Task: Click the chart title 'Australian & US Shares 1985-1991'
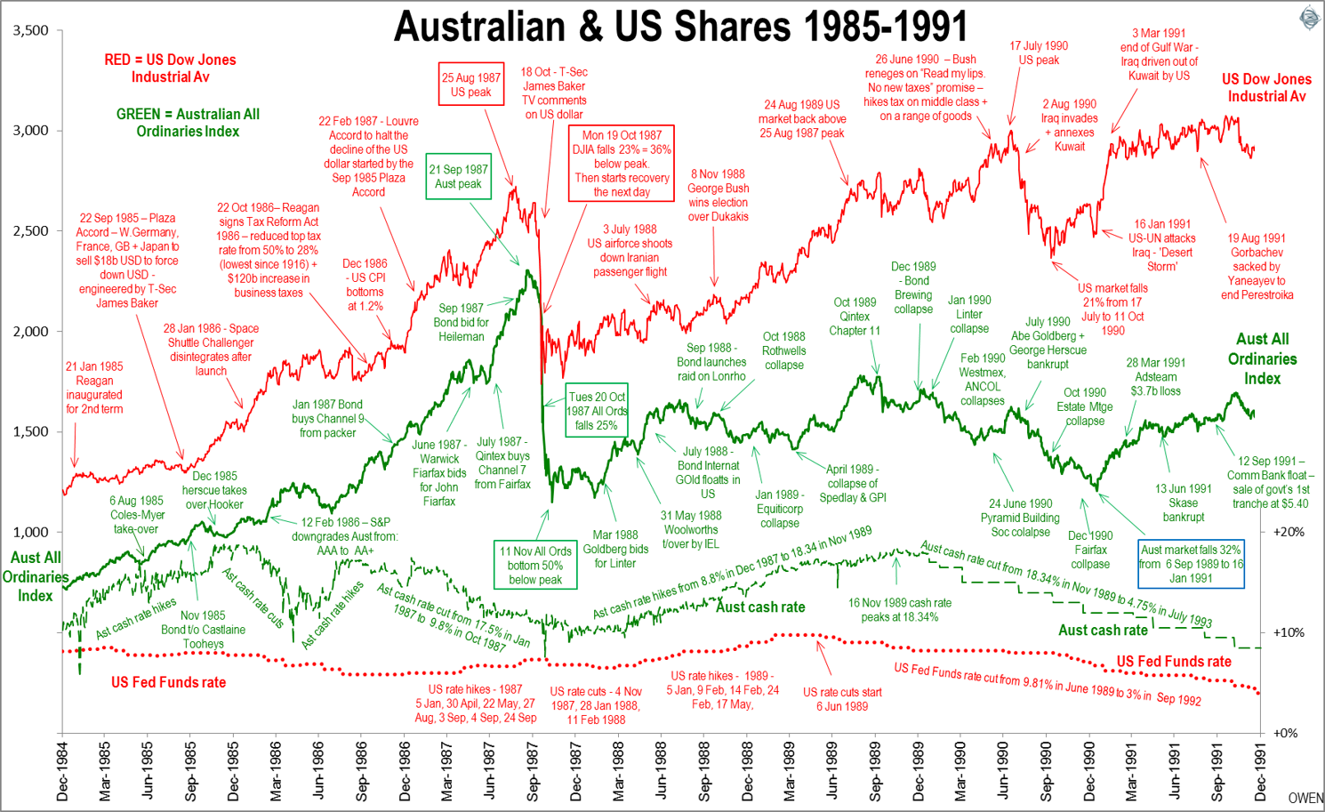point(680,27)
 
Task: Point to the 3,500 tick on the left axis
point(31,30)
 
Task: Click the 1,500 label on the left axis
point(31,431)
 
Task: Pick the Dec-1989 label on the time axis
point(919,771)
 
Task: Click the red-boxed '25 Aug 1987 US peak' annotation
point(471,84)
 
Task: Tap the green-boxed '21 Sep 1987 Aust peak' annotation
point(458,176)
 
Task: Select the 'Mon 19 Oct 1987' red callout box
point(622,164)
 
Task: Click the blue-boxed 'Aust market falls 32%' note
point(1192,564)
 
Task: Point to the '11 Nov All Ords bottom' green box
point(535,565)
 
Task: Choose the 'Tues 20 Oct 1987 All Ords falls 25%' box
point(597,411)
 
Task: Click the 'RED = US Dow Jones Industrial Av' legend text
point(170,68)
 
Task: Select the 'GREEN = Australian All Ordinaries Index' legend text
point(188,123)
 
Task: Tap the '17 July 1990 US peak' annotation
point(1039,53)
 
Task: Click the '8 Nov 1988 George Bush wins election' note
point(718,196)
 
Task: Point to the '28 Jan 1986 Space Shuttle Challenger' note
point(211,350)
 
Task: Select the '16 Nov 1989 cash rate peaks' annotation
point(899,609)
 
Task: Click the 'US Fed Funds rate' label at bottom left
point(168,682)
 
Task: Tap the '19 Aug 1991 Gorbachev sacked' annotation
point(1257,267)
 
